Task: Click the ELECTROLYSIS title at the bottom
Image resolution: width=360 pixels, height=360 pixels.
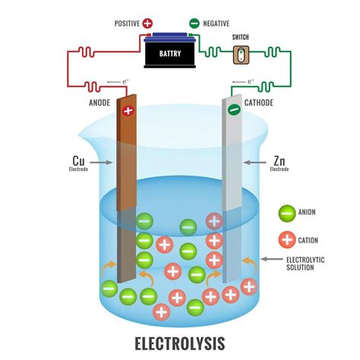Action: click(179, 343)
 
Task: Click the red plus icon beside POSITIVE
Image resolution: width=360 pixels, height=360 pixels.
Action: click(147, 24)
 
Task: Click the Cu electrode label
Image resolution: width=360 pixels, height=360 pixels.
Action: click(77, 162)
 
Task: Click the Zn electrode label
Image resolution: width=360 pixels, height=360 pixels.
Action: click(279, 162)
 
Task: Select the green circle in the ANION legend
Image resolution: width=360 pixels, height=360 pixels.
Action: click(286, 213)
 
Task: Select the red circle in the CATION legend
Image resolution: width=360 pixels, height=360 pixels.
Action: click(286, 240)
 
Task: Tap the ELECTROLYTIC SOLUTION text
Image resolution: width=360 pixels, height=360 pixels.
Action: click(305, 263)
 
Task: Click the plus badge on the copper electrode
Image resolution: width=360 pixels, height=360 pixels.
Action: click(127, 111)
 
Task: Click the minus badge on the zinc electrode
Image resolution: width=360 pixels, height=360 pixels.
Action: click(234, 110)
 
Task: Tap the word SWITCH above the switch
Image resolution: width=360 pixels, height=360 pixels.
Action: click(240, 36)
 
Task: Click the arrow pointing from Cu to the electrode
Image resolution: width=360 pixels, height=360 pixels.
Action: click(104, 162)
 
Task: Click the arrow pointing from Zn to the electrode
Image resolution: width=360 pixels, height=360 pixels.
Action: click(252, 162)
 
